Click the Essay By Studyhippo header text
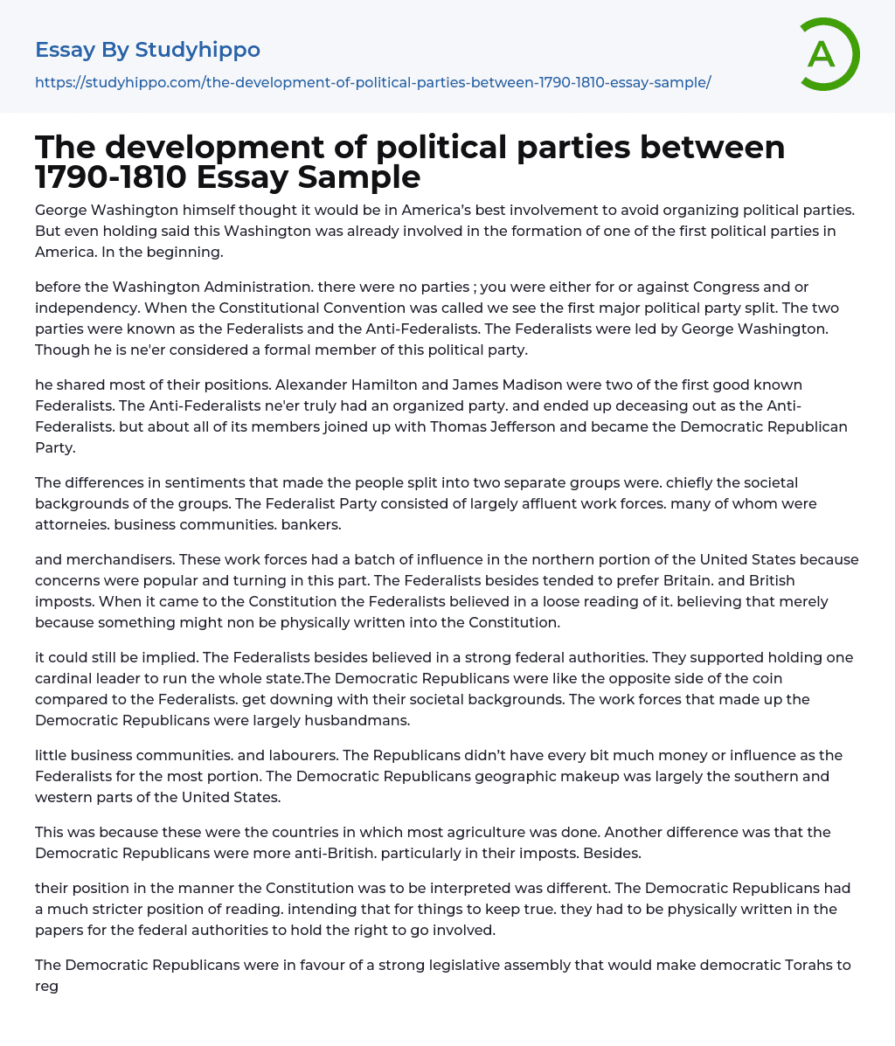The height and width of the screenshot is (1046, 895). (x=148, y=50)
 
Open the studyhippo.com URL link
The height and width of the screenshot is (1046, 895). (x=372, y=82)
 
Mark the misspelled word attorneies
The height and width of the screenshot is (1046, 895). (x=71, y=524)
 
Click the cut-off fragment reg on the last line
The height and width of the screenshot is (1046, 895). (x=46, y=986)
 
